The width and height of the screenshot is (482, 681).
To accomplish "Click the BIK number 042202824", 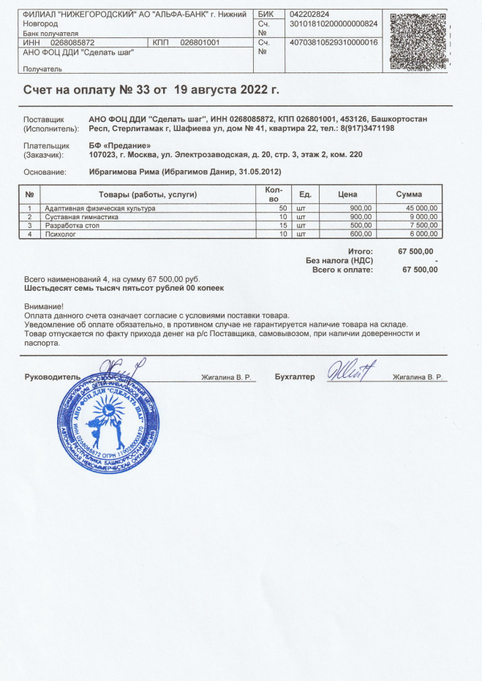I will pyautogui.click(x=310, y=15).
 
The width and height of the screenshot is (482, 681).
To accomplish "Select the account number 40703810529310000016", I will pyautogui.click(x=334, y=42).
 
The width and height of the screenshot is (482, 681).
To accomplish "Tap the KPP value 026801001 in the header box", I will pyautogui.click(x=200, y=42).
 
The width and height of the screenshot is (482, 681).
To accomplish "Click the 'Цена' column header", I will pyautogui.click(x=347, y=194).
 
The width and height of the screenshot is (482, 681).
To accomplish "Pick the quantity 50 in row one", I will pyautogui.click(x=282, y=209).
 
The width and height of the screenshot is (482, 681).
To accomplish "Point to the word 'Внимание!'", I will pyautogui.click(x=44, y=307).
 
